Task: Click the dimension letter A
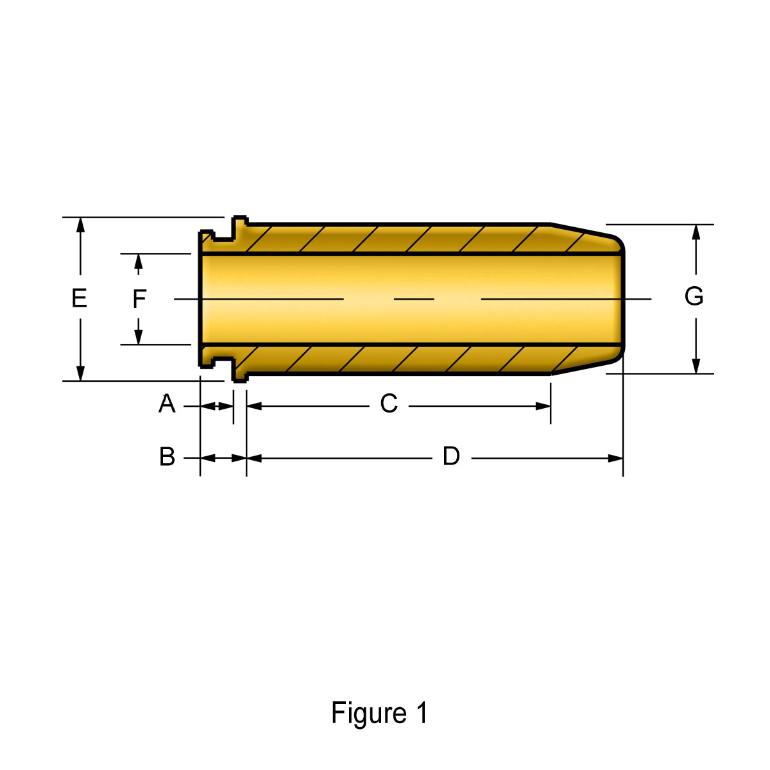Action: [x=167, y=404]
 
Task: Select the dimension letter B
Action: [x=167, y=456]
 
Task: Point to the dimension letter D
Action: [x=452, y=456]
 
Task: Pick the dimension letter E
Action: [x=79, y=298]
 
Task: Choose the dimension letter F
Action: [x=139, y=299]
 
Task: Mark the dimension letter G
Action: [x=694, y=296]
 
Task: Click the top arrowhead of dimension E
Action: [x=80, y=225]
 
